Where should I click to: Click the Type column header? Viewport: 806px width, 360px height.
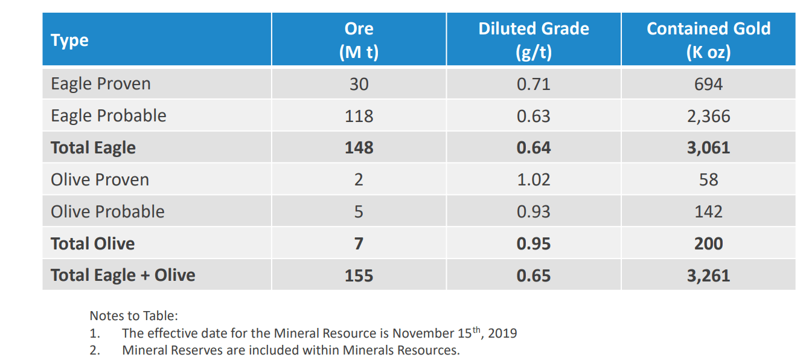click(69, 40)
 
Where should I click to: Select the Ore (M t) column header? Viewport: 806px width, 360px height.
click(359, 40)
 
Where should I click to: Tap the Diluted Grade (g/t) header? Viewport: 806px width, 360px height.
click(533, 40)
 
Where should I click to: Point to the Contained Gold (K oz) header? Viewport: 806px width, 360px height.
click(708, 40)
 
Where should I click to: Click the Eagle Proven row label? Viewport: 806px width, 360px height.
click(101, 83)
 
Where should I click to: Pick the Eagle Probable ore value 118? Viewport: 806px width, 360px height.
click(359, 115)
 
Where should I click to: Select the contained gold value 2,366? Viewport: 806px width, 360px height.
click(708, 115)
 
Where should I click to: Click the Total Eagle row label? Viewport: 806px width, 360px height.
click(93, 147)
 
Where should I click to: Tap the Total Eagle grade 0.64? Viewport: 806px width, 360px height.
click(533, 147)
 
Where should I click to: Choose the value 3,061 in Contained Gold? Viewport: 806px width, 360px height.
click(708, 147)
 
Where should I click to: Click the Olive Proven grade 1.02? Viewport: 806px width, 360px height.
click(533, 179)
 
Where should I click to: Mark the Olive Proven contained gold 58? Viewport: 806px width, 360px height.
click(708, 179)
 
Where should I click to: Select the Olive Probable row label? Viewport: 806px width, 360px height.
click(107, 211)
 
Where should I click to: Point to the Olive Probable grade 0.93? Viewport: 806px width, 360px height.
click(533, 211)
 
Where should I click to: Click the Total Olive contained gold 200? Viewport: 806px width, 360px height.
click(708, 243)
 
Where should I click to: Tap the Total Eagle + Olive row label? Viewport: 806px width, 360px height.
click(123, 275)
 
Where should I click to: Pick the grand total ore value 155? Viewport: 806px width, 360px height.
click(359, 275)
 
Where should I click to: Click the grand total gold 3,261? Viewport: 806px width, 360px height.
click(708, 275)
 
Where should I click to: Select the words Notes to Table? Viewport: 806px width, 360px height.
click(133, 315)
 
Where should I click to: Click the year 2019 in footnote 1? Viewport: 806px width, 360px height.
click(502, 333)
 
